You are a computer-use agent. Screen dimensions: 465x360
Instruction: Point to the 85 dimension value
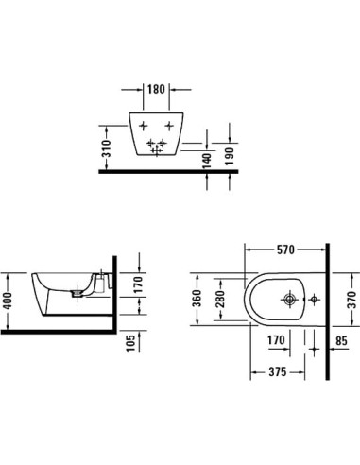[x=341, y=340]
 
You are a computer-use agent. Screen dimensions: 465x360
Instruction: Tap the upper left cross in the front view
[x=143, y=127]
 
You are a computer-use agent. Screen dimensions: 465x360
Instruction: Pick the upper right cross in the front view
[x=170, y=127]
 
